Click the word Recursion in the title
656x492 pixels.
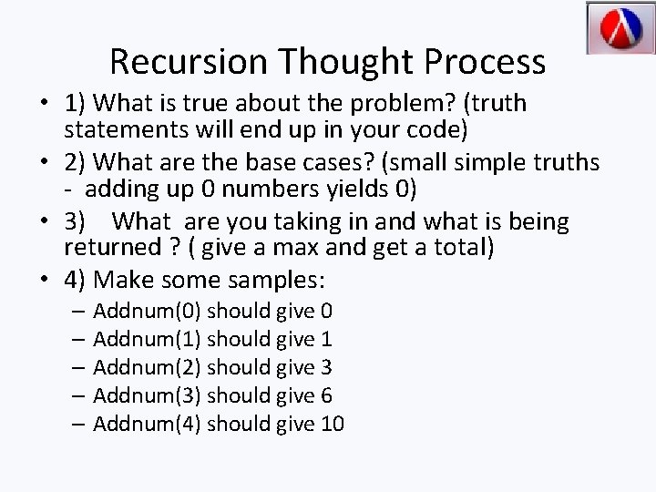pyautogui.click(x=189, y=62)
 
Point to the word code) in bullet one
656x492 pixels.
pyautogui.click(x=436, y=129)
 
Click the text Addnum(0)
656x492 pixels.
pyautogui.click(x=149, y=313)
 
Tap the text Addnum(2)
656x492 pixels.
pyautogui.click(x=149, y=368)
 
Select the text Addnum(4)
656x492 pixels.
pyautogui.click(x=149, y=424)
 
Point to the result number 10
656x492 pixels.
pyautogui.click(x=333, y=424)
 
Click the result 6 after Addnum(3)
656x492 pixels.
pyautogui.click(x=326, y=395)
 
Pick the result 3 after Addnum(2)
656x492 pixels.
pyautogui.click(x=326, y=368)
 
